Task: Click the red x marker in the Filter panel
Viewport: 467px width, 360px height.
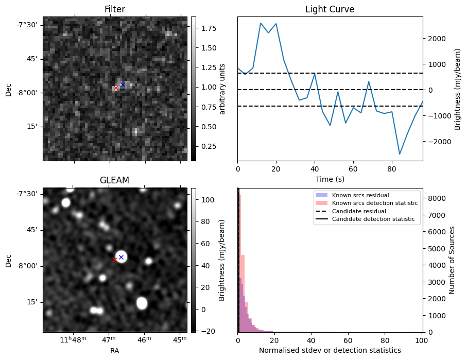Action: click(116, 88)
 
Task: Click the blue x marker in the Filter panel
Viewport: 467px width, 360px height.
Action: click(123, 84)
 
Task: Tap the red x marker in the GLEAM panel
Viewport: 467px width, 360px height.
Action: click(115, 260)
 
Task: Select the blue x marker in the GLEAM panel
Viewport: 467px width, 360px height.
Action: click(121, 257)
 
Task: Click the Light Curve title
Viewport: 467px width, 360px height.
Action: click(330, 9)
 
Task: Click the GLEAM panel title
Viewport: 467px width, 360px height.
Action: click(114, 180)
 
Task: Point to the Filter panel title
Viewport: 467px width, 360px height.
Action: click(114, 9)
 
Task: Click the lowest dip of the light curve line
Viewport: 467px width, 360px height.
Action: click(400, 153)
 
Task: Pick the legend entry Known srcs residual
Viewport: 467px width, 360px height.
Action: click(360, 196)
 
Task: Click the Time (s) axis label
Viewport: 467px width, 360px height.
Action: click(330, 179)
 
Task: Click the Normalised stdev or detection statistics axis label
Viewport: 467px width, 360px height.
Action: click(330, 350)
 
